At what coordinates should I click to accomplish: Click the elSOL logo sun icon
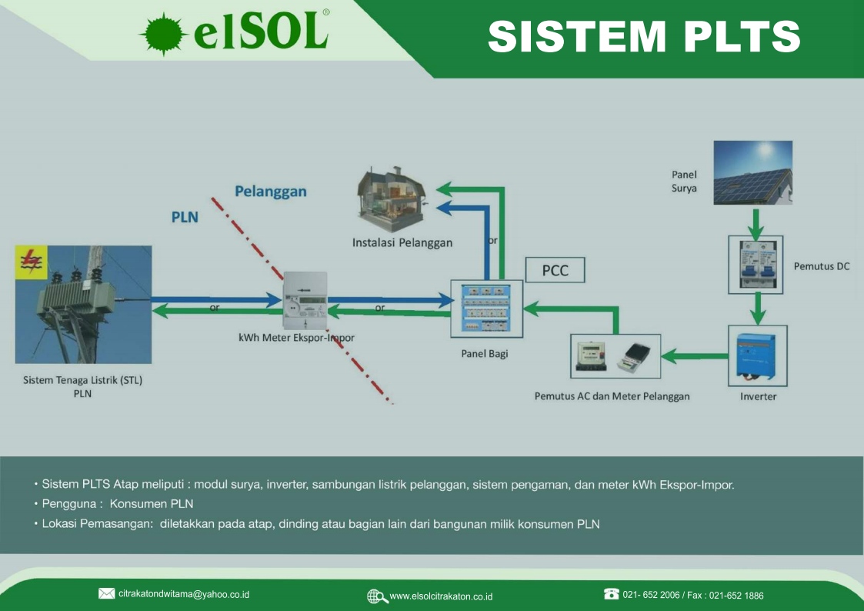pyautogui.click(x=162, y=35)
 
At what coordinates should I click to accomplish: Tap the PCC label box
pyautogui.click(x=555, y=271)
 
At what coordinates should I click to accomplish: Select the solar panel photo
pyautogui.click(x=752, y=172)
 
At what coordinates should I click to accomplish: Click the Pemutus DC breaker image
pyautogui.click(x=755, y=264)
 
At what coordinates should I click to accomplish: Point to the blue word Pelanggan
pyautogui.click(x=270, y=191)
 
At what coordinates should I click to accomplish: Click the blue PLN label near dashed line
pyautogui.click(x=185, y=217)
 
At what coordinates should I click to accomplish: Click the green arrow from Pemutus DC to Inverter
pyautogui.click(x=758, y=309)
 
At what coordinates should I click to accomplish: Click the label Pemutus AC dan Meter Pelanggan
pyautogui.click(x=612, y=396)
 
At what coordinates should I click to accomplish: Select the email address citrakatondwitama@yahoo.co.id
pyautogui.click(x=184, y=594)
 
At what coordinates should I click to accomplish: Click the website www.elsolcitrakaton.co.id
pyautogui.click(x=441, y=596)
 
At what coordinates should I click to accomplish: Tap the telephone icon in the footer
pyautogui.click(x=612, y=594)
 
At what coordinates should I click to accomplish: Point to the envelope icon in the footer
pyautogui.click(x=107, y=593)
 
